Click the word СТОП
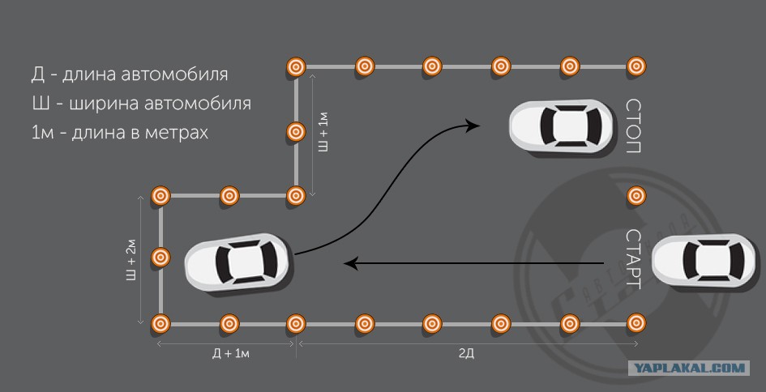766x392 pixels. (634, 126)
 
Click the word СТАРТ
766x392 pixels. (634, 260)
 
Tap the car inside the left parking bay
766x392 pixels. (237, 261)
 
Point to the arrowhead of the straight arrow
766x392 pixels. (351, 262)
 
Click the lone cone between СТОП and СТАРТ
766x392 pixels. (636, 195)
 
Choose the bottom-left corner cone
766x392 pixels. (160, 323)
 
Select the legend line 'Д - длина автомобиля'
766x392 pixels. (130, 75)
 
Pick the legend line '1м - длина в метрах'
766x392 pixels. (120, 132)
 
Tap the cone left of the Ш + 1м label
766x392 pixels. (296, 131)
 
